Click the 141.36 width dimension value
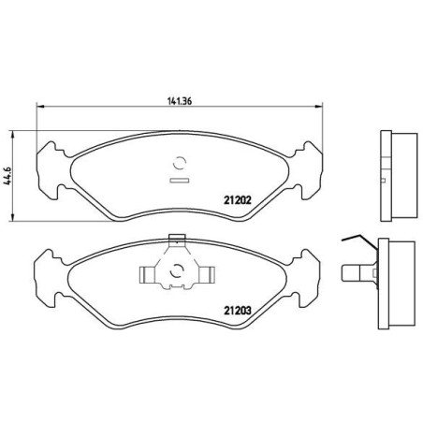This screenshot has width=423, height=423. [x=180, y=101]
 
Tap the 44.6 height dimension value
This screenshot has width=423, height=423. [x=7, y=176]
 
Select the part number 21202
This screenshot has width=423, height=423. [x=238, y=200]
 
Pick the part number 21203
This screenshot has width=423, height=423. [x=238, y=311]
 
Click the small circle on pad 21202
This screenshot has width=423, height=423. [x=180, y=162]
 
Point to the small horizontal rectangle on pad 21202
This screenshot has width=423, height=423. [x=180, y=180]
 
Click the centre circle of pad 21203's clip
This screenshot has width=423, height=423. [x=177, y=270]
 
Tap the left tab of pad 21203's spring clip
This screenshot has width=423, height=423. [x=146, y=275]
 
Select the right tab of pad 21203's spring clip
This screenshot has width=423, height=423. [x=208, y=275]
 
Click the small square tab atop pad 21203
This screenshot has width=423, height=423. [x=177, y=239]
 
